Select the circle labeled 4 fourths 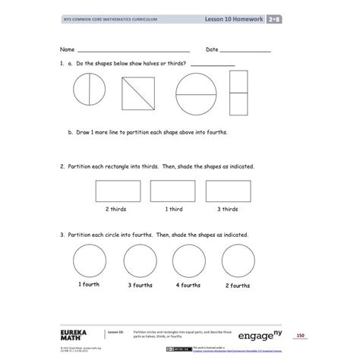[190, 262]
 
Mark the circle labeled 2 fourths [238, 262]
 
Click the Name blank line [133, 51]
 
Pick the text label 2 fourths [238, 286]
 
